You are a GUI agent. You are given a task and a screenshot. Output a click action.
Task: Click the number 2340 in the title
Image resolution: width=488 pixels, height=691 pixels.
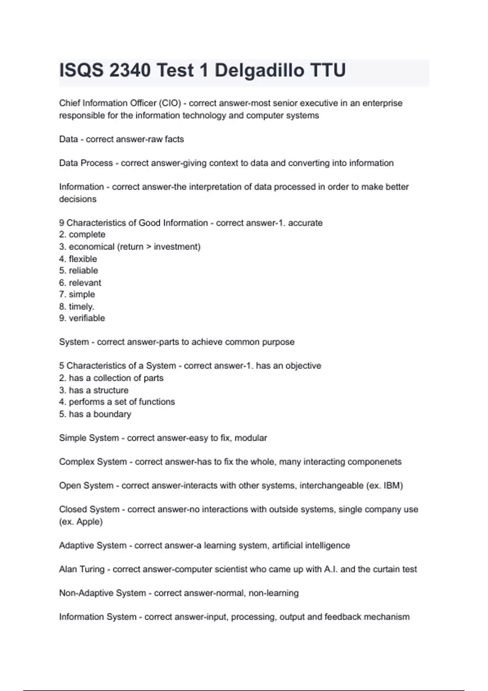(x=130, y=70)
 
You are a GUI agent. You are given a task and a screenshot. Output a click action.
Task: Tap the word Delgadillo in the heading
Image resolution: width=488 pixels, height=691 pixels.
(x=259, y=70)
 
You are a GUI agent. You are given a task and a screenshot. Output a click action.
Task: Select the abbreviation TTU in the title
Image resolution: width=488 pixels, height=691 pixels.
(x=328, y=70)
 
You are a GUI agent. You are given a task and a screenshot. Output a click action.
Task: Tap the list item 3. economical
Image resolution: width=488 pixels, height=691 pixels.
(x=91, y=247)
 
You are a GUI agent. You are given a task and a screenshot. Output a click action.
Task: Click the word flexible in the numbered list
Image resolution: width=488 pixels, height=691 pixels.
(x=83, y=259)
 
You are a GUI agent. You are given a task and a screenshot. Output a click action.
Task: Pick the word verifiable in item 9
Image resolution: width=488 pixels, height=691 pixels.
(x=87, y=318)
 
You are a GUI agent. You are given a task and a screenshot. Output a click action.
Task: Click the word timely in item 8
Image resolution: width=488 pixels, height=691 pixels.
(x=81, y=306)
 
